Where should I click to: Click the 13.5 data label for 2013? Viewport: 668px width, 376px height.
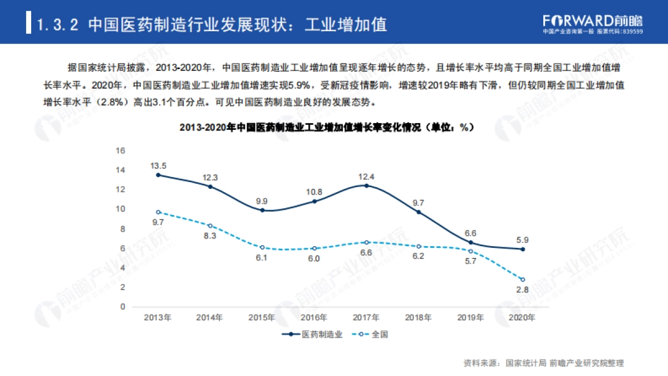coord(158,165)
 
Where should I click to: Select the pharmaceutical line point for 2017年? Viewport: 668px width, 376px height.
coord(366,185)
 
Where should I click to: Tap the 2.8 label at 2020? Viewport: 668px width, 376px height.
coord(522,290)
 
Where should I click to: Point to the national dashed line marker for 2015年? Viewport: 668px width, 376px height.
coord(262,247)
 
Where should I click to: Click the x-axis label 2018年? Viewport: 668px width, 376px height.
coord(418,318)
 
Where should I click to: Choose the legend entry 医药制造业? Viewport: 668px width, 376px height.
coord(312,335)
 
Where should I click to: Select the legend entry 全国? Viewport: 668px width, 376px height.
coord(372,335)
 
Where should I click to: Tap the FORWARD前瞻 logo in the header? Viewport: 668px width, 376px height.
coord(592,21)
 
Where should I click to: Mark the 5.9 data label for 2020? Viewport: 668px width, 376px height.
coord(522,240)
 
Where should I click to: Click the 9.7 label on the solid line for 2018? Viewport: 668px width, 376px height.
coord(419,203)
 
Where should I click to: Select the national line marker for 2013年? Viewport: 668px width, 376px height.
coord(158,212)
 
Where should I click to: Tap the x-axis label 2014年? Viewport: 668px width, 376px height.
coord(210,318)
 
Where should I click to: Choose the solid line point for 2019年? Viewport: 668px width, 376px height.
coord(470,242)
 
